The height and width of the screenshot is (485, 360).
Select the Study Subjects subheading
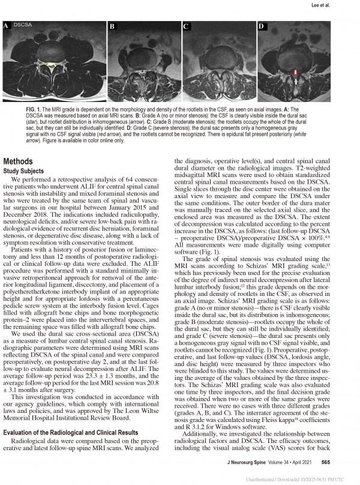pyautogui.click(x=28, y=170)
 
